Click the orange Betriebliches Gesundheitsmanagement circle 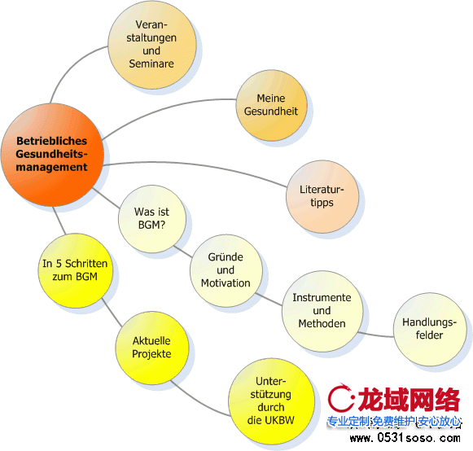pos(52,155)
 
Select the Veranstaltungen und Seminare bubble pos(152,45)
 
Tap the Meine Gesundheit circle pos(271,105)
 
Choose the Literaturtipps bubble pos(322,196)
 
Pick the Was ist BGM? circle pos(152,219)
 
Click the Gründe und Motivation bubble pos(226,270)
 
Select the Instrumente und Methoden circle pos(322,311)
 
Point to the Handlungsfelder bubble pos(430,329)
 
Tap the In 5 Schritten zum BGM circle pos(76,270)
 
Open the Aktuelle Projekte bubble pos(152,348)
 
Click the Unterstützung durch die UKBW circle pos(271,401)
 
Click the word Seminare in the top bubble pos(151,63)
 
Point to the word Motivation pos(226,283)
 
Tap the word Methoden pos(322,324)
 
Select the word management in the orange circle pos(51,167)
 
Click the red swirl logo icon pos(341,397)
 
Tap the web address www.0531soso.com pos(405,438)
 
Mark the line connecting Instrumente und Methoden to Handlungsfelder pos(375,335)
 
